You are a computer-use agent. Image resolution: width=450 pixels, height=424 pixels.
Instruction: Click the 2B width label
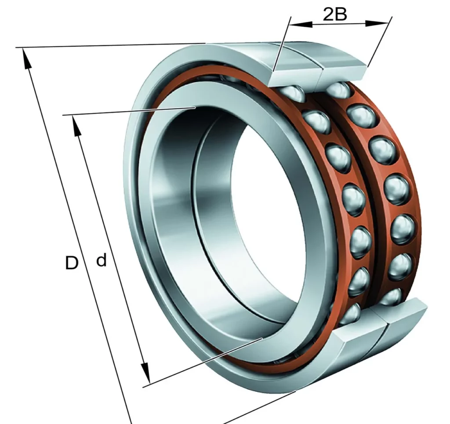pos(335,15)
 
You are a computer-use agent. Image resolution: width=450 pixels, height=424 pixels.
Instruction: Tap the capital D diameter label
pos(72,263)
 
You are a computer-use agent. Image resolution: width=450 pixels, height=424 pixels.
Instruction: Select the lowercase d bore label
pos(101,260)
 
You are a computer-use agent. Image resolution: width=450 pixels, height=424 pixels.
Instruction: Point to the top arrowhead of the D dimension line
pos(26,59)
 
